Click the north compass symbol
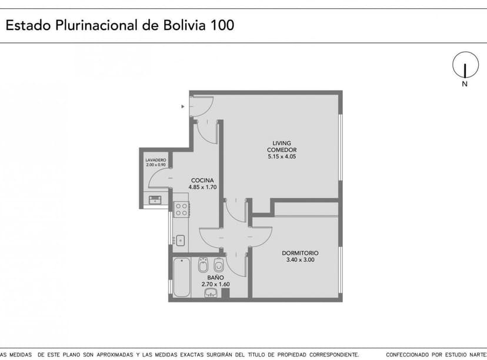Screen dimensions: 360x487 (x=465, y=65)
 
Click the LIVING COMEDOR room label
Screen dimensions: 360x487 (x=282, y=146)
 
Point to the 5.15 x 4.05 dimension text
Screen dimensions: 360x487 (x=282, y=156)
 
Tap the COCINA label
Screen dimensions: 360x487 (x=202, y=180)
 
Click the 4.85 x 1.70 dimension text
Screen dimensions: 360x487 (x=203, y=187)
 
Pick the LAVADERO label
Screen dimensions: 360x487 (x=156, y=160)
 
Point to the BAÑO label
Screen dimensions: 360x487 (x=215, y=276)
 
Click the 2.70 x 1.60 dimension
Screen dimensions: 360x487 (x=215, y=284)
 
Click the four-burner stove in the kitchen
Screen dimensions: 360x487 (x=181, y=209)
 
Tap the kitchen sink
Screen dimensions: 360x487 (x=181, y=240)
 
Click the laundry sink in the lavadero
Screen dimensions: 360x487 (x=155, y=200)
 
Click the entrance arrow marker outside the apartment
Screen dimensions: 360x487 (x=183, y=106)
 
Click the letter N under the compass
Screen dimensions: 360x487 (x=465, y=84)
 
